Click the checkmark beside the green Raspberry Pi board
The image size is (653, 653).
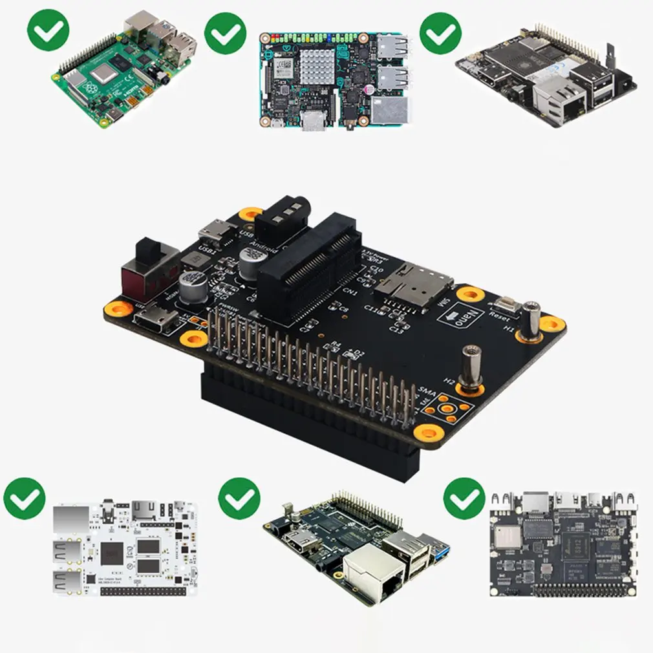[x=48, y=30]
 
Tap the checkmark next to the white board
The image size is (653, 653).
[x=25, y=498]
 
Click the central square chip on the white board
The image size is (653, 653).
[x=112, y=554]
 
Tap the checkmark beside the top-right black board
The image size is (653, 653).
[x=440, y=33]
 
